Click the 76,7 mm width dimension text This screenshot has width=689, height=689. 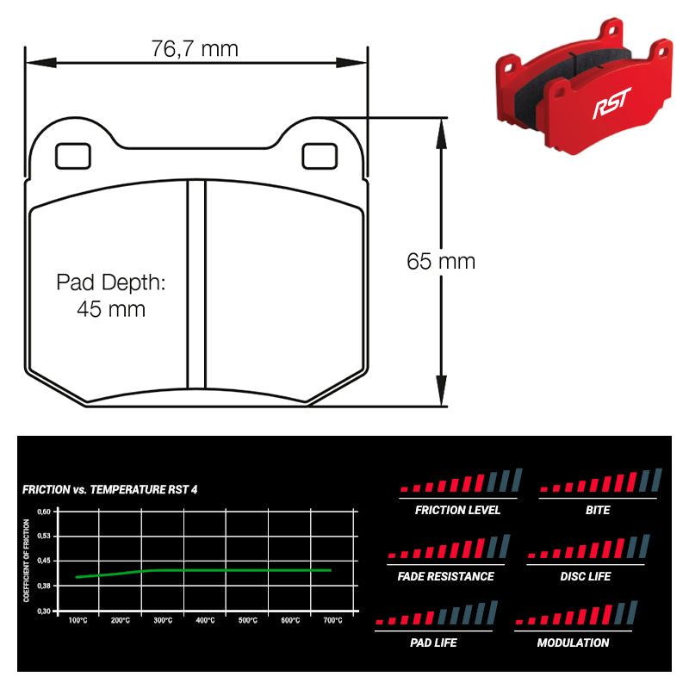195,49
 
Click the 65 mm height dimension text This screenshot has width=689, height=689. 441,261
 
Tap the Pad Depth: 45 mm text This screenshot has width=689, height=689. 110,295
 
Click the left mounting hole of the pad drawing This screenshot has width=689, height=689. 73,156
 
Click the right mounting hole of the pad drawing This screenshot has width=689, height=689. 320,156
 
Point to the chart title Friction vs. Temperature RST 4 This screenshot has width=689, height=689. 110,489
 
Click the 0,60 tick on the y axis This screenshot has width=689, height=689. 44,511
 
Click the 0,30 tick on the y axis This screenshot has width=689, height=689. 44,611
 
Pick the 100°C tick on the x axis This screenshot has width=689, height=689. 78,620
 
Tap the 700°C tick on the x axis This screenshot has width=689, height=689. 332,620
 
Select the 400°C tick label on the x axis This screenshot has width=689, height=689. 205,620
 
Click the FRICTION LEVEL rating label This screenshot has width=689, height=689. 457,510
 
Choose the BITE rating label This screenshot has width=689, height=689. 597,510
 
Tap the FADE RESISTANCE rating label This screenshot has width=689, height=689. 446,576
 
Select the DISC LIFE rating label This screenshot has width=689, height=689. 586,576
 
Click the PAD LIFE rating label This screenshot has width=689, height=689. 433,642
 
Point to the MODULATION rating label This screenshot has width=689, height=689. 573,642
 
